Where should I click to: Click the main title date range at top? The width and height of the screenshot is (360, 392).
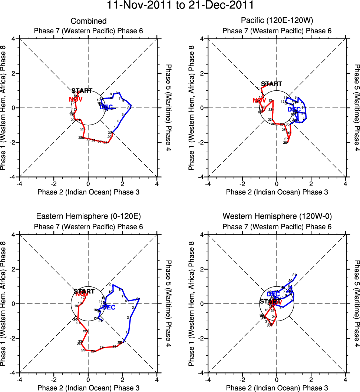coord(180,6)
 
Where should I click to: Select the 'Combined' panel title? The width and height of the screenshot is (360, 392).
coord(89,21)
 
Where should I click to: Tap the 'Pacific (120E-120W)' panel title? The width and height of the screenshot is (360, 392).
coord(277,21)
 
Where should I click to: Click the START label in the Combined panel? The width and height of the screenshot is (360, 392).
coord(82,91)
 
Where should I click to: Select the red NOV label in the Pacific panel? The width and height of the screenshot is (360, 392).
coord(260,100)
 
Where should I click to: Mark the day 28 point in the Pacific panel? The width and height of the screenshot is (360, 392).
coord(285,143)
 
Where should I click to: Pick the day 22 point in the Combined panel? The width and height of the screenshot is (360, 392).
coord(82,129)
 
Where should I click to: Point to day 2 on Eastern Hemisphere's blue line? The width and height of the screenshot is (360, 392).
coord(128,318)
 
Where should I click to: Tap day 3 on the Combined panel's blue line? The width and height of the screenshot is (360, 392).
coord(122,114)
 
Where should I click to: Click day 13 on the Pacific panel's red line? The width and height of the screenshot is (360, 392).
coord(258,88)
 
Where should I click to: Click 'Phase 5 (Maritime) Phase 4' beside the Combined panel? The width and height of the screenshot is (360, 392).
coord(169,108)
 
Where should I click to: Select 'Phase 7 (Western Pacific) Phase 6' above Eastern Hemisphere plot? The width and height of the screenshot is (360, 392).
coord(89,226)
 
